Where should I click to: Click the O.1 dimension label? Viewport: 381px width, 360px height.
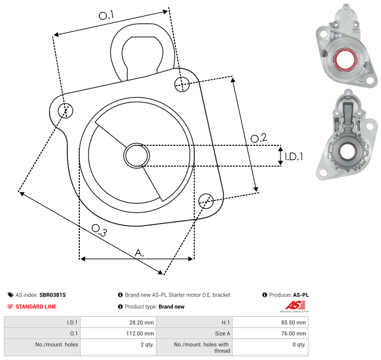point(106,15)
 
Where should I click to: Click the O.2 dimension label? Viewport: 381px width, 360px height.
point(259,138)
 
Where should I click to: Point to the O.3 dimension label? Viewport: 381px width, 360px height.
point(99,230)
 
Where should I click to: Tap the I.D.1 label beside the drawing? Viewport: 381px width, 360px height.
point(294,157)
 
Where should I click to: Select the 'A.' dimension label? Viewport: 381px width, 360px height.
point(139,253)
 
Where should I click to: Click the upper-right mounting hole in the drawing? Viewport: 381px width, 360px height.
point(182,84)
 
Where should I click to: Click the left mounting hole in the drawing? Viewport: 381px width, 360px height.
point(65,111)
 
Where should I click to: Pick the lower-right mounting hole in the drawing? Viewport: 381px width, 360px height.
point(206,201)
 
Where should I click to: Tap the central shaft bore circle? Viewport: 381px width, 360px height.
point(137,156)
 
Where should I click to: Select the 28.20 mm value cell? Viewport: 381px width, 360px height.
point(118,322)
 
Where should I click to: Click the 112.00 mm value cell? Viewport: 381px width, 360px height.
point(118,333)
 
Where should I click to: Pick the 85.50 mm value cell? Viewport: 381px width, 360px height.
point(271,322)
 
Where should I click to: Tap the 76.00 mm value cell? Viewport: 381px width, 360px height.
point(271,333)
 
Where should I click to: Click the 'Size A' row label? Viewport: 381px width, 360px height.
point(222,334)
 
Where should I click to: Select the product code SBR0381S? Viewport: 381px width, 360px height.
point(53,295)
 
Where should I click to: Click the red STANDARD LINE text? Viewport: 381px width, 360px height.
point(36,306)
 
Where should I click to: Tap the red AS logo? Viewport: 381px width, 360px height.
point(295,305)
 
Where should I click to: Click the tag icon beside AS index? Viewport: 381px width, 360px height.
point(10,295)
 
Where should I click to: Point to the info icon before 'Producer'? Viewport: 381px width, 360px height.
point(265,295)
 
